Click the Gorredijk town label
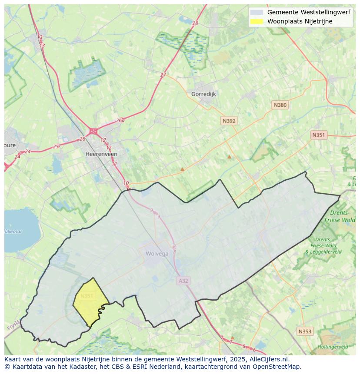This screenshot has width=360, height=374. (203, 94)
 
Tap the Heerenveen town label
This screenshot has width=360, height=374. (101, 154)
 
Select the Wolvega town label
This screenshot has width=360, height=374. (157, 254)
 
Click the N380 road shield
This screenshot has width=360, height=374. (280, 105)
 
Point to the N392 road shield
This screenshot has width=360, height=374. (229, 121)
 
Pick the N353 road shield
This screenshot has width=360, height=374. (305, 331)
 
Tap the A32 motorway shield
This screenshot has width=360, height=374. (183, 281)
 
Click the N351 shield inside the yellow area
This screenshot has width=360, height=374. (87, 296)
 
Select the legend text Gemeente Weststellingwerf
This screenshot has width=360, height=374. (309, 13)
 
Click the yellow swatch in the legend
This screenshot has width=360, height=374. (257, 21)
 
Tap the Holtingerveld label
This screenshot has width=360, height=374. (333, 347)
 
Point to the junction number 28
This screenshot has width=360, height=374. (195, 23)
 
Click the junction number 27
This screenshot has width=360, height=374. (163, 75)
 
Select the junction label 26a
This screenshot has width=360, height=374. (120, 121)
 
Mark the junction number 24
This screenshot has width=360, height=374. (28, 152)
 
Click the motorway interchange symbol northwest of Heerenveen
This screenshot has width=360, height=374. (93, 131)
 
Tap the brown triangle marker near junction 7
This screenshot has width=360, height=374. (232, 337)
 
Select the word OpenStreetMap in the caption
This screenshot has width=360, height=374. (278, 367)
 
